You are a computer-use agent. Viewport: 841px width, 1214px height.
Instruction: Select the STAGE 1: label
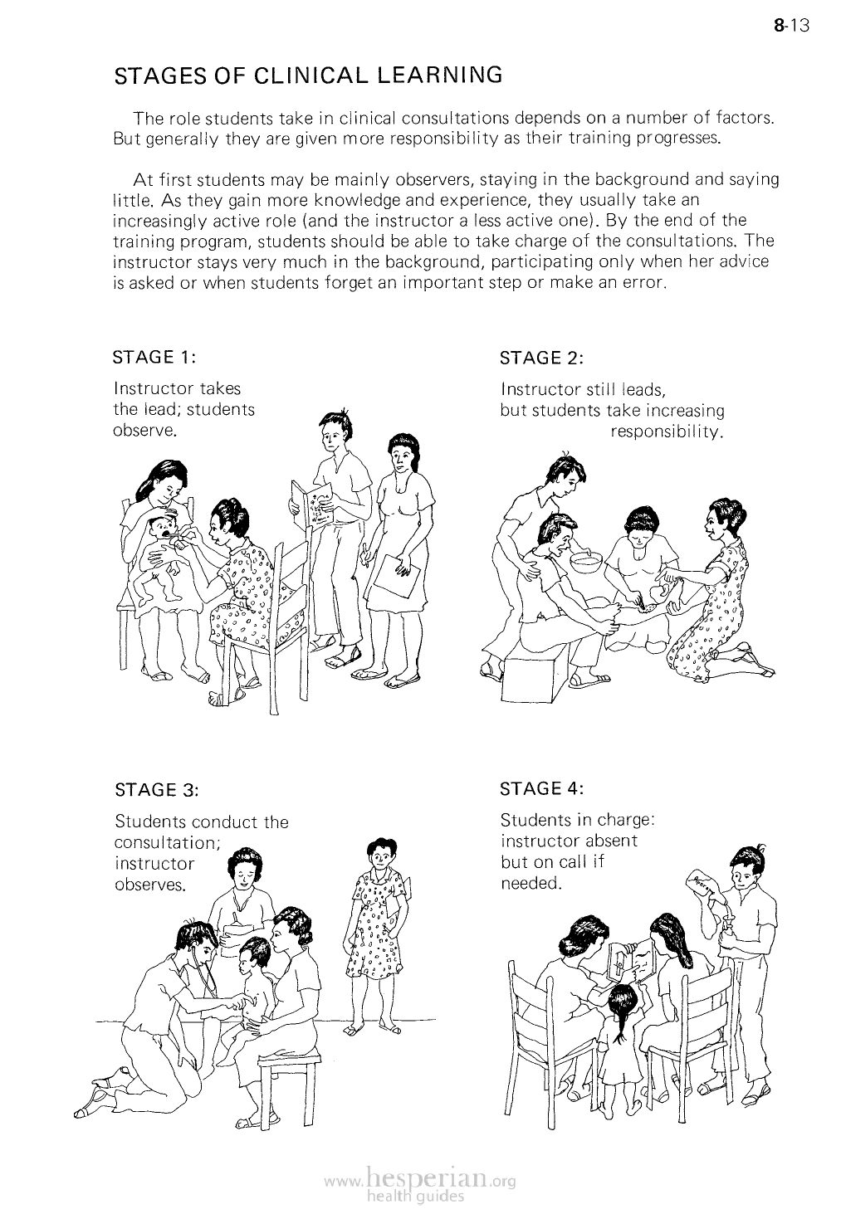point(154,358)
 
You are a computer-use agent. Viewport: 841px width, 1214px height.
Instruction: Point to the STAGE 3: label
point(157,790)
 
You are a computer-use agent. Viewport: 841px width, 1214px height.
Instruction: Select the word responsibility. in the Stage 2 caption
point(667,432)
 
